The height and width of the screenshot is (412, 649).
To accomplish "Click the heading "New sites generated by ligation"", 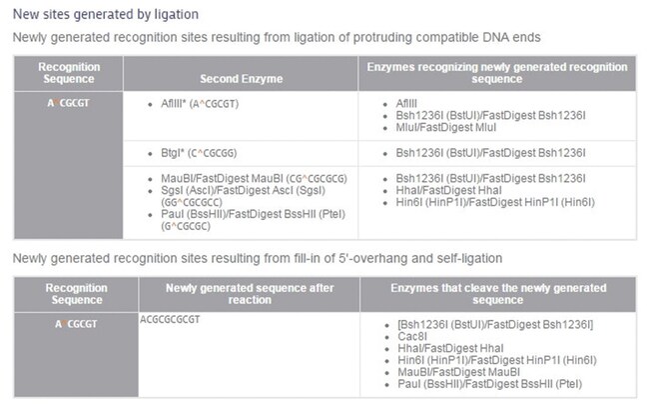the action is [106, 15].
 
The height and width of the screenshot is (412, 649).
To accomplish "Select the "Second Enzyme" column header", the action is [242, 79].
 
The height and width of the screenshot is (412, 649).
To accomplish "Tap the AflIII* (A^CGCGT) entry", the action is [200, 104].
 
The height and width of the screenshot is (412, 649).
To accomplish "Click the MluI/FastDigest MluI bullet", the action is [445, 127].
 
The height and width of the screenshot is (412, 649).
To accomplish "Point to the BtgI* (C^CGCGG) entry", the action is [199, 153].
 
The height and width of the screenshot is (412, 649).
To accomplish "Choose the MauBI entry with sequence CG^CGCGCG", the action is [254, 179].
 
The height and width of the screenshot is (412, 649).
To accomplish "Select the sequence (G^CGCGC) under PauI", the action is [186, 226].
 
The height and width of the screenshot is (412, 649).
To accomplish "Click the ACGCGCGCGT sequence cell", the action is [170, 320].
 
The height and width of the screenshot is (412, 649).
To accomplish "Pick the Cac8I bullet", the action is [412, 336].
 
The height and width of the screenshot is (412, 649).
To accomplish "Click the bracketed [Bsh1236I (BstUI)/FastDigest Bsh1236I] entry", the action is [495, 324].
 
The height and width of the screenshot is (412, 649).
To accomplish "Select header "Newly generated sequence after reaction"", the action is [250, 294].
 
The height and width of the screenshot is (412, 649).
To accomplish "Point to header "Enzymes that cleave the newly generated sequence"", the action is [498, 294].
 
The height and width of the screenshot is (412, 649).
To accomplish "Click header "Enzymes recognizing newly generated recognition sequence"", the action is [497, 73].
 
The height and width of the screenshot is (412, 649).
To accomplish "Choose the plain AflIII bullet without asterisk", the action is [406, 103].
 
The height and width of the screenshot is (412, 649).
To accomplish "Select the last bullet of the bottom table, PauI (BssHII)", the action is [489, 384].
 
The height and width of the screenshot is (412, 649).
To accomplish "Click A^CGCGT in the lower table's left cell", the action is [76, 324].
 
